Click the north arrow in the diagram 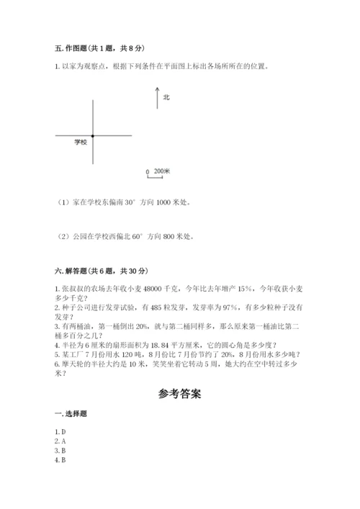click(x=156, y=98)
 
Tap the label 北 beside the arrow click(x=166, y=96)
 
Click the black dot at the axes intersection click(x=93, y=135)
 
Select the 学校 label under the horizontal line click(x=80, y=143)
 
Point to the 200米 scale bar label click(x=161, y=171)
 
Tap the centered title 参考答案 click(x=180, y=395)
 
